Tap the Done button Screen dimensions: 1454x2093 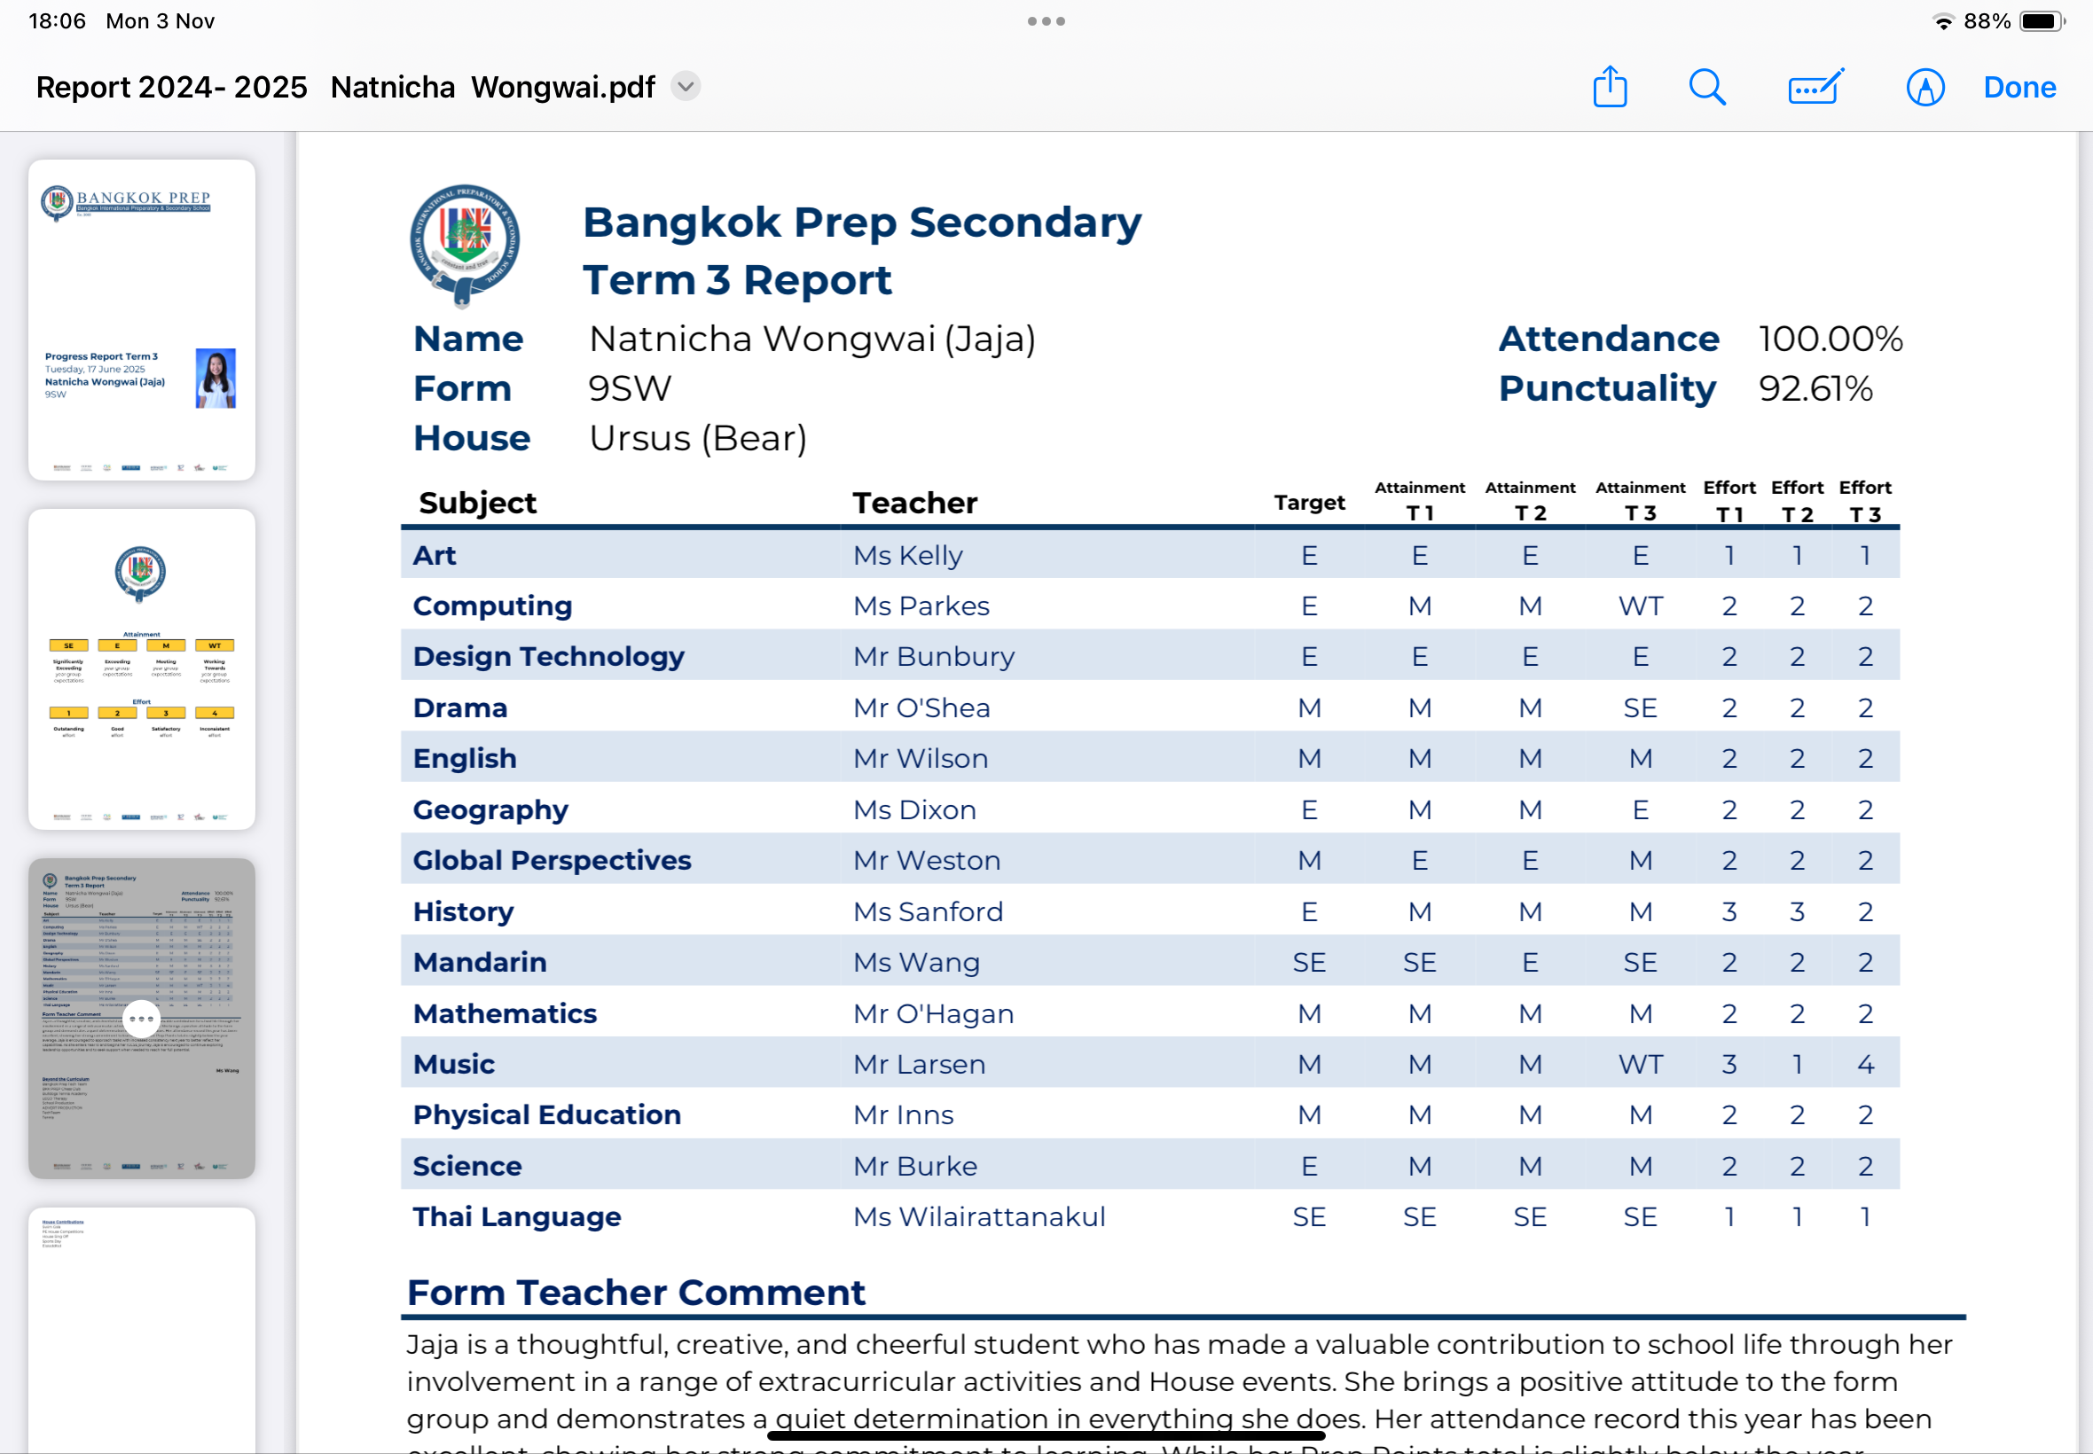coord(2019,88)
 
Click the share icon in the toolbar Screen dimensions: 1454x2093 coord(1609,88)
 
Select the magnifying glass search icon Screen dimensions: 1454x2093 coord(1705,88)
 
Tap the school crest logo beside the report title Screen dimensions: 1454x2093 coord(465,244)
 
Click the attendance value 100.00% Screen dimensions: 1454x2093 coord(1830,339)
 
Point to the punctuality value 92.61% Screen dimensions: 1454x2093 coord(1815,389)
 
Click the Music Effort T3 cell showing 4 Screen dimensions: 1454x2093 coord(1865,1064)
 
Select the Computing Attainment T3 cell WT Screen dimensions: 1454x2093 coord(1640,606)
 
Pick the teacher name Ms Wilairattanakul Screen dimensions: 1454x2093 coord(978,1217)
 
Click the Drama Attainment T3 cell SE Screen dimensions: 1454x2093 coord(1640,707)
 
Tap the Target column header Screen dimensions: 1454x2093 coord(1308,503)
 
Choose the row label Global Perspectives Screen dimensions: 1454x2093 coord(552,861)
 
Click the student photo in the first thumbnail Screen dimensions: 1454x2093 coord(216,377)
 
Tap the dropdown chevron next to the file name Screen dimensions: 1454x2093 coord(686,87)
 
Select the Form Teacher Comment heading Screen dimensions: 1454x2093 coord(635,1293)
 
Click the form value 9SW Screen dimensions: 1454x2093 coord(629,389)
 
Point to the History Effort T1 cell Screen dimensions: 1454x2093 coord(1728,912)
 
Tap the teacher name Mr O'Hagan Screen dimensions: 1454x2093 coord(933,1014)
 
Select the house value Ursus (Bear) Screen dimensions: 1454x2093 coord(698,438)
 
